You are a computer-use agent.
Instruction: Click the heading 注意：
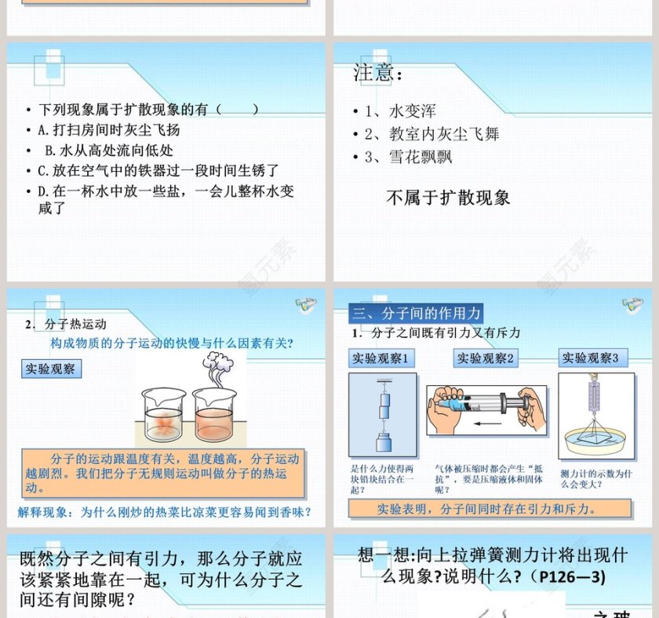click(378, 74)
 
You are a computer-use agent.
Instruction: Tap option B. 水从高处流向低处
click(109, 150)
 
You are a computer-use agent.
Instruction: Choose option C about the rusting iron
click(158, 170)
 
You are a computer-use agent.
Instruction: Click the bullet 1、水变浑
click(400, 111)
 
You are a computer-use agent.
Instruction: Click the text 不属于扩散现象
click(448, 198)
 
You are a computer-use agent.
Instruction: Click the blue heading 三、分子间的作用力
click(416, 314)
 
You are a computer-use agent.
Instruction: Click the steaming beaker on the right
click(214, 412)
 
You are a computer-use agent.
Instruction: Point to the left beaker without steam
click(163, 416)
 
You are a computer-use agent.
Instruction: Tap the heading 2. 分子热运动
click(66, 324)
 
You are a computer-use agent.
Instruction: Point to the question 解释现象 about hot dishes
click(165, 512)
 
